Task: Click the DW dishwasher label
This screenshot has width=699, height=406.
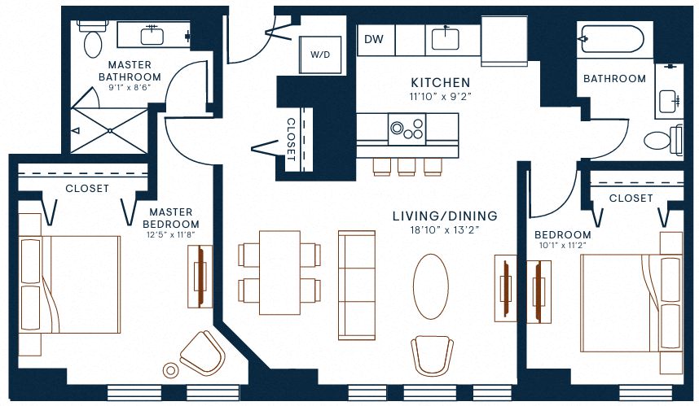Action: pyautogui.click(x=374, y=39)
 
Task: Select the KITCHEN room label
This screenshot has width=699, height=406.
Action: pyautogui.click(x=440, y=82)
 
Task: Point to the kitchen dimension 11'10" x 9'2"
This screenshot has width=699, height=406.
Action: pyautogui.click(x=440, y=96)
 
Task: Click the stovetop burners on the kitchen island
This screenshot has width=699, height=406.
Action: pyautogui.click(x=407, y=129)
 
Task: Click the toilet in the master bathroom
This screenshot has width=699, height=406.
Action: pyautogui.click(x=90, y=37)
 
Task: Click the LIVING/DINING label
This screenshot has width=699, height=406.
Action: pyautogui.click(x=444, y=216)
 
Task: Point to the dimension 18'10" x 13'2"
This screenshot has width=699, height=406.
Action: pyautogui.click(x=444, y=230)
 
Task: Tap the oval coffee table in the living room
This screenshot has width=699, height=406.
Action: pyautogui.click(x=431, y=286)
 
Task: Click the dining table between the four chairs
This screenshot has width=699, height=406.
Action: pyautogui.click(x=279, y=273)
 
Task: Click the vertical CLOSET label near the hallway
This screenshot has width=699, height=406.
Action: pyautogui.click(x=291, y=139)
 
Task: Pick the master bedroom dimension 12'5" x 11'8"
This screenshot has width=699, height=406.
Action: pyautogui.click(x=171, y=237)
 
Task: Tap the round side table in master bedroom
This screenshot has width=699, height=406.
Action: pyautogui.click(x=170, y=370)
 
